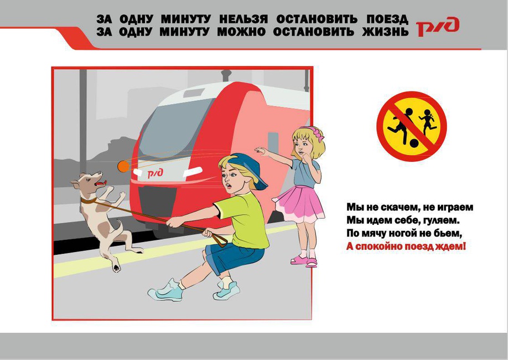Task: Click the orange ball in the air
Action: click(123, 166)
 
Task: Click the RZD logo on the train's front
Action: click(155, 173)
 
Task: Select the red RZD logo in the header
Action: click(437, 27)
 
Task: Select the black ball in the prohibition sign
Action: click(414, 143)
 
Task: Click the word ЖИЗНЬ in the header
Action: click(386, 32)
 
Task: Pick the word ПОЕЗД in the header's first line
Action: click(387, 19)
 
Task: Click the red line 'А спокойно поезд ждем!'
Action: click(406, 246)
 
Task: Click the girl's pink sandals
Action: click(304, 260)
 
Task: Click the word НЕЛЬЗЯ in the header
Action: click(243, 19)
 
